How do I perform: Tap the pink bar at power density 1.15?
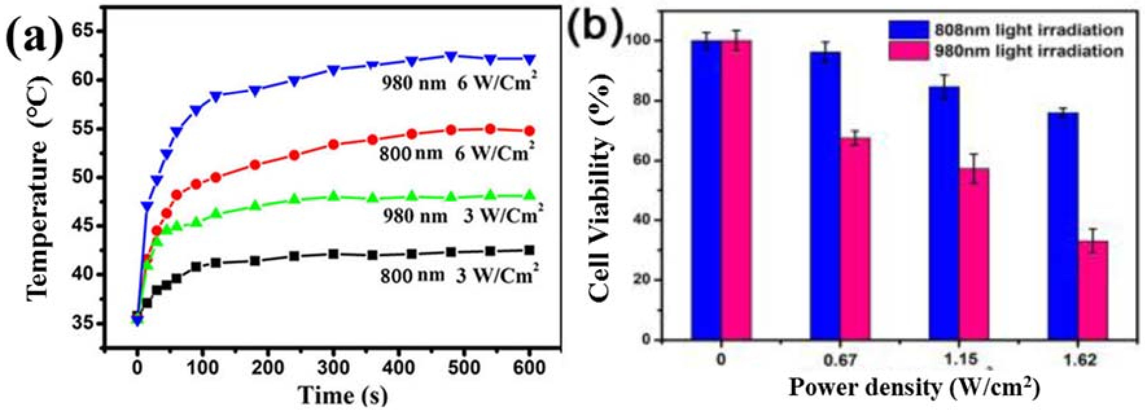click(x=974, y=254)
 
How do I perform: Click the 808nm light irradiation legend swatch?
click(x=909, y=30)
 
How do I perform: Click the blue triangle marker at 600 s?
click(x=529, y=59)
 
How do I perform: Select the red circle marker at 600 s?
click(x=529, y=131)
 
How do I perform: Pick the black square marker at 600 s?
click(x=529, y=250)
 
